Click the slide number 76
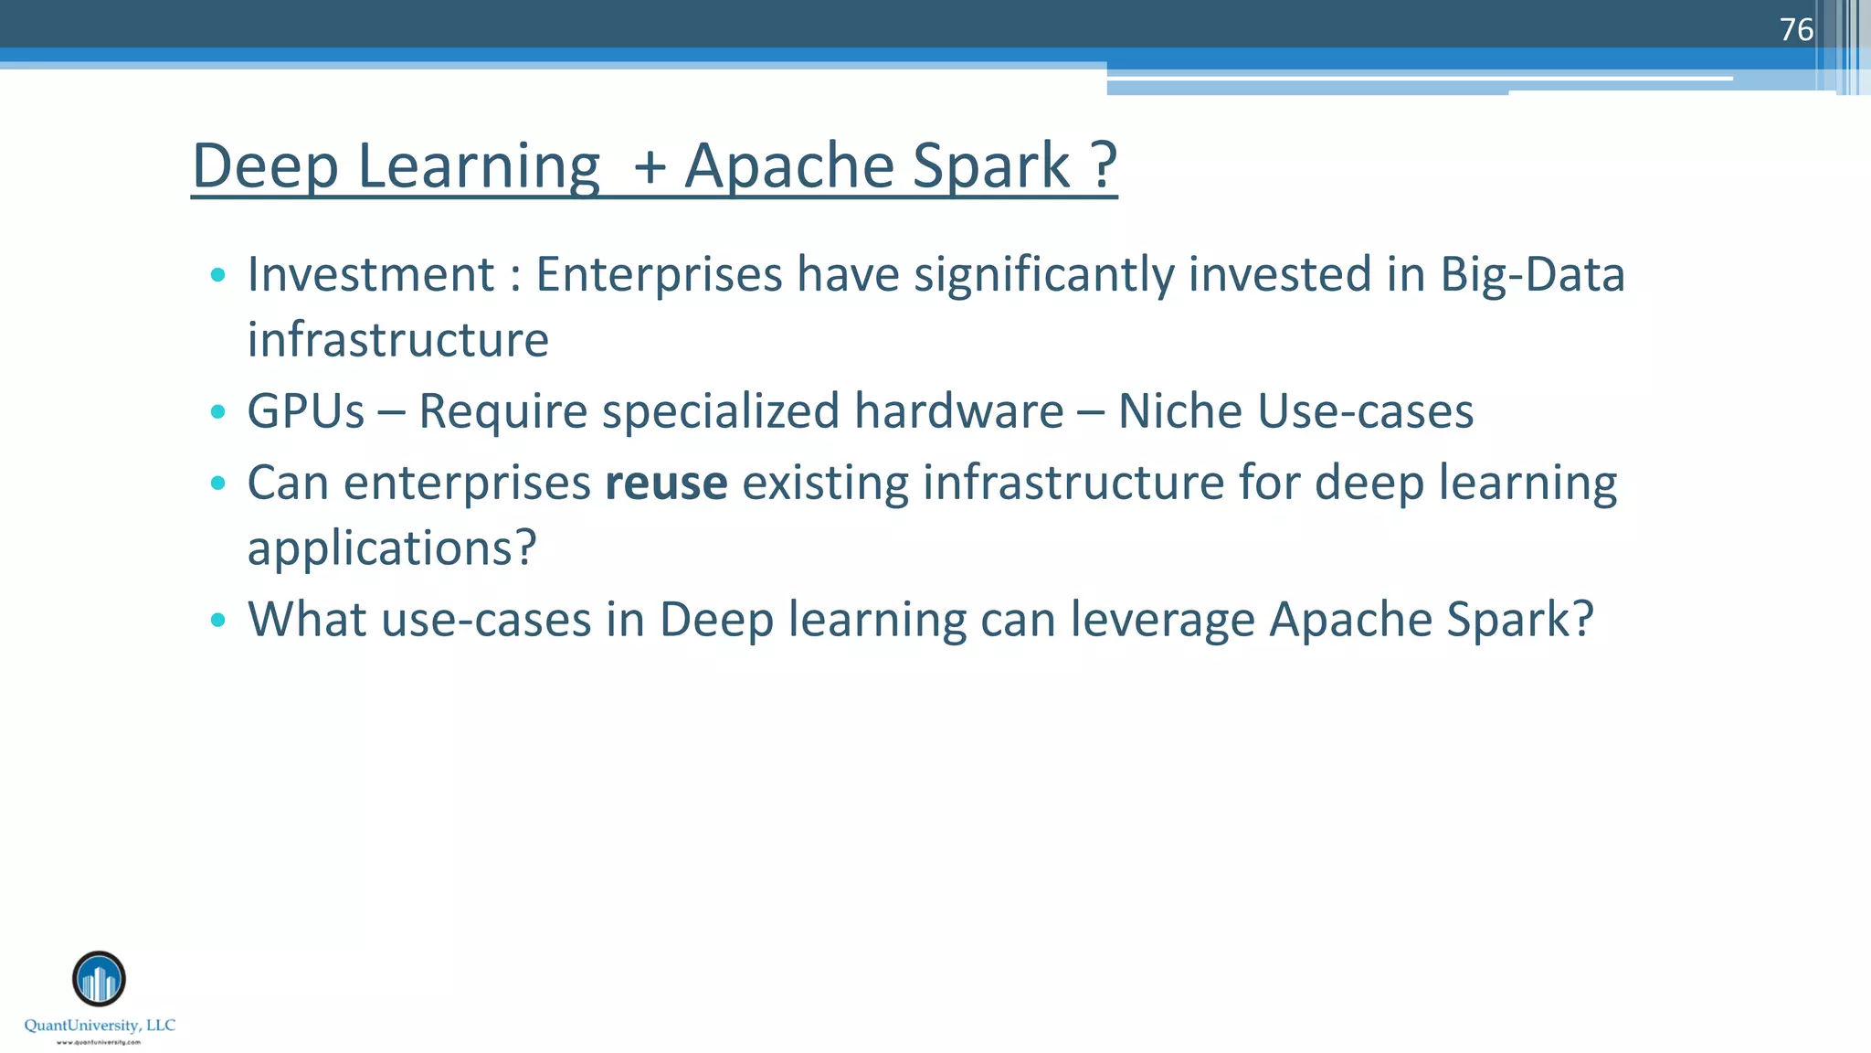1795,30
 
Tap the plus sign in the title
650,167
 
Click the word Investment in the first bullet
371,274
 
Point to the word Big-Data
1532,274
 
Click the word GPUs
306,411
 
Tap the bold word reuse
666,483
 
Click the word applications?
392,548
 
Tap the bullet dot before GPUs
217,412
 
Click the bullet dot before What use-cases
217,621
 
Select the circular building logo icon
99,979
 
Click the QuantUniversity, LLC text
100,1026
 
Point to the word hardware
958,411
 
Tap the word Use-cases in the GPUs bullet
1365,411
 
